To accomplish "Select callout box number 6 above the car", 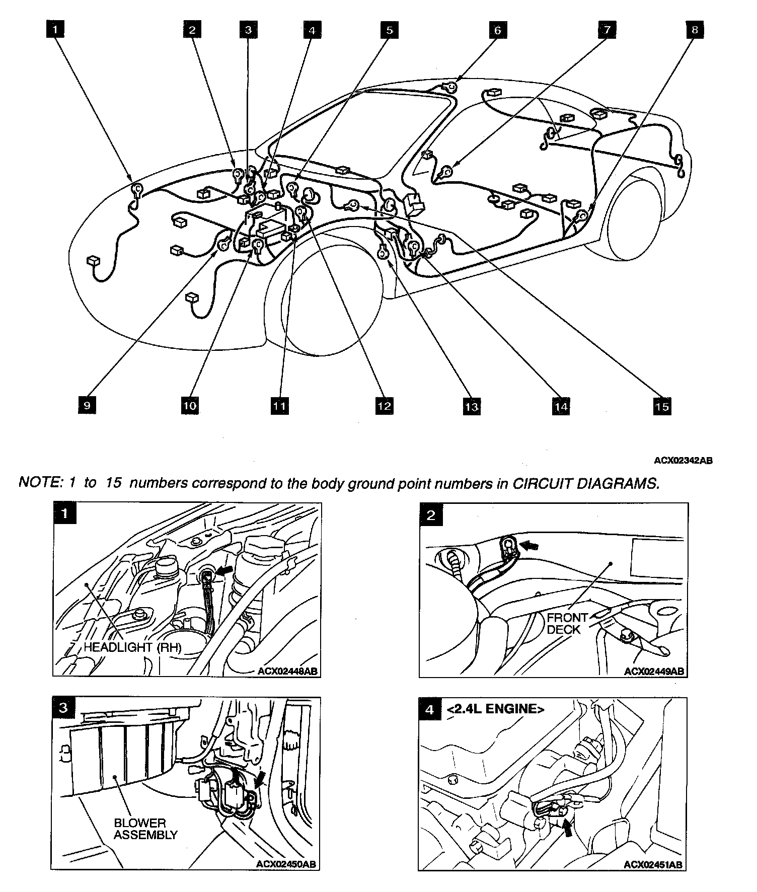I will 497,30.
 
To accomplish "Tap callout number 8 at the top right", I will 695,30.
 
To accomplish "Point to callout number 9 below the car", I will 88,405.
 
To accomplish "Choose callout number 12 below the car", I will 384,406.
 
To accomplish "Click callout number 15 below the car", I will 662,406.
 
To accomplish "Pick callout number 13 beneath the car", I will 472,406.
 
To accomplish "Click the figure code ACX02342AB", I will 683,460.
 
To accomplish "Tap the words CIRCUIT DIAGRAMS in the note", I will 585,483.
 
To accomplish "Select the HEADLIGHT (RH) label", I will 132,647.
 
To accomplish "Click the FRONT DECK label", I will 567,623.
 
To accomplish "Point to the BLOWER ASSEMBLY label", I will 145,829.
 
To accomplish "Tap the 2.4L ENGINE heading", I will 495,709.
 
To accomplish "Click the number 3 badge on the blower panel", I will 63,707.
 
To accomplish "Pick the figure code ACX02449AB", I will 654,672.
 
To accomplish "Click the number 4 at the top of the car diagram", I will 312,30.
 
